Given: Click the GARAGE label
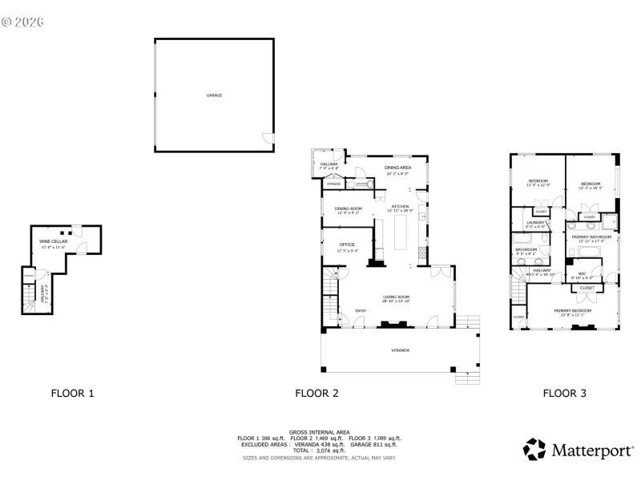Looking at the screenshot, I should [x=214, y=95].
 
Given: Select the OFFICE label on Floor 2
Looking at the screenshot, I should [x=347, y=245].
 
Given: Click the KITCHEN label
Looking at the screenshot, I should [x=400, y=207].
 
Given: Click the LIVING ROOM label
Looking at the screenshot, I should [x=397, y=297].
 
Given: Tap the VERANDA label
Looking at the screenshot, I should [x=400, y=351].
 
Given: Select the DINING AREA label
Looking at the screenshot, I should [x=397, y=168].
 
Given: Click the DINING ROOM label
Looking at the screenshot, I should [x=348, y=208].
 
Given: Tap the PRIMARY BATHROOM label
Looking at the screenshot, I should [x=591, y=237].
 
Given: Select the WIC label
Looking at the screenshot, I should [x=582, y=273].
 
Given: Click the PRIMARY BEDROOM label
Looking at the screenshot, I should [x=572, y=310].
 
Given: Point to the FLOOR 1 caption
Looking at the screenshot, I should [x=73, y=393].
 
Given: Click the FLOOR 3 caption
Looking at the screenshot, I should [x=565, y=393].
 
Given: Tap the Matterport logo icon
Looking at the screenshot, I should [x=534, y=449].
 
